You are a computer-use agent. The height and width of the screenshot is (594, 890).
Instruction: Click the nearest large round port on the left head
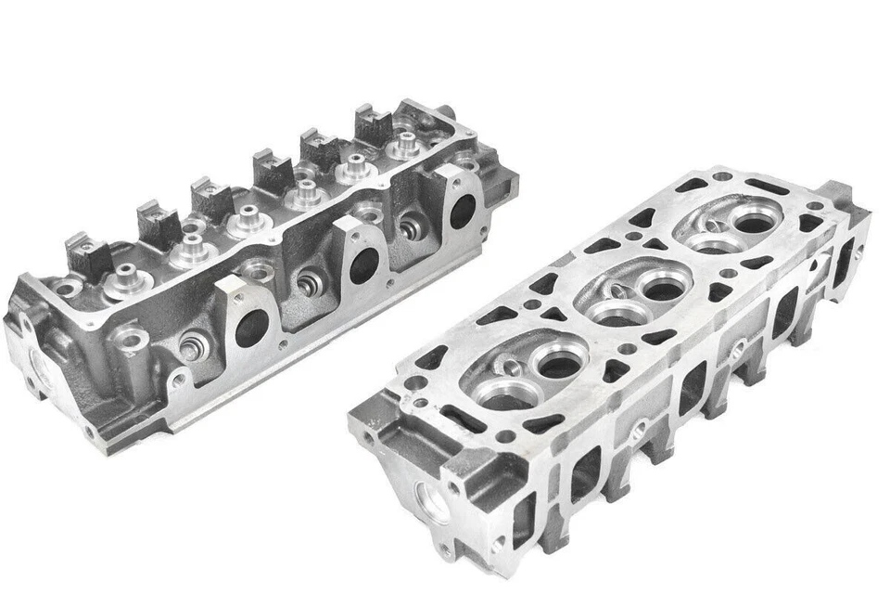[x=251, y=329]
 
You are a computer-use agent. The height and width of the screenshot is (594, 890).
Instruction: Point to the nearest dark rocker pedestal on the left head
[x=89, y=257]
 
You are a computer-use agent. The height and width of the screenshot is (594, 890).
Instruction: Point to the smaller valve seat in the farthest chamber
[x=713, y=244]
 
